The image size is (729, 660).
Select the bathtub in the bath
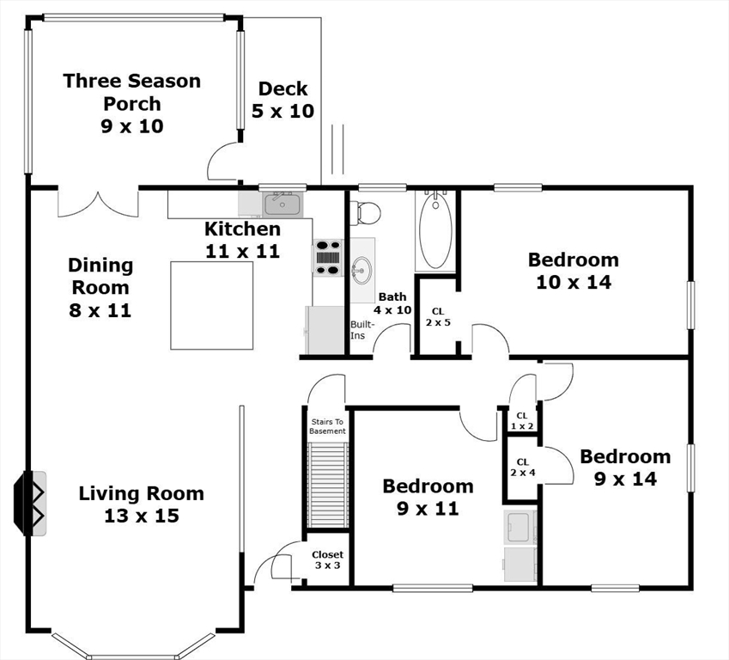435,230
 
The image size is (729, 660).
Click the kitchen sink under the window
281,205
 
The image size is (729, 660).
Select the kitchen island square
211,305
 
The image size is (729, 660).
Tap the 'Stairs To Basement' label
326,426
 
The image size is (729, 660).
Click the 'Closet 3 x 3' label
327,560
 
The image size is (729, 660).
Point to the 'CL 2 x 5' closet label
437,317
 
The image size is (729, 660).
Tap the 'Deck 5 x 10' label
282,100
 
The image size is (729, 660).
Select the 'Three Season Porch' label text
132,92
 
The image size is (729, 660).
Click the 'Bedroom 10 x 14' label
573,270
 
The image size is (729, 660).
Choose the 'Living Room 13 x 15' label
142,504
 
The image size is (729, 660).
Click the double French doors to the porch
98,203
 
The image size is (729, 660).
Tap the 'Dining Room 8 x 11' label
100,287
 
